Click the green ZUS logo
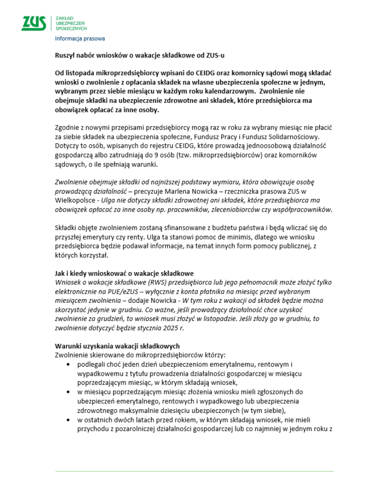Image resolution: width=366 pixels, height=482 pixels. pos(33,23)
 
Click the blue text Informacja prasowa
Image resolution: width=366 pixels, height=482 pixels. pos(80,39)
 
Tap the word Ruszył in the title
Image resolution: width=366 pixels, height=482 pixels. pos(65,55)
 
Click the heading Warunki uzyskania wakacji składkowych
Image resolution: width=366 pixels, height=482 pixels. pos(117,346)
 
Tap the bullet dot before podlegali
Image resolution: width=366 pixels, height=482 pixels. pos(69,365)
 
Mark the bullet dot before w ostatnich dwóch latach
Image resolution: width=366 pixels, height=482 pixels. pos(69,420)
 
